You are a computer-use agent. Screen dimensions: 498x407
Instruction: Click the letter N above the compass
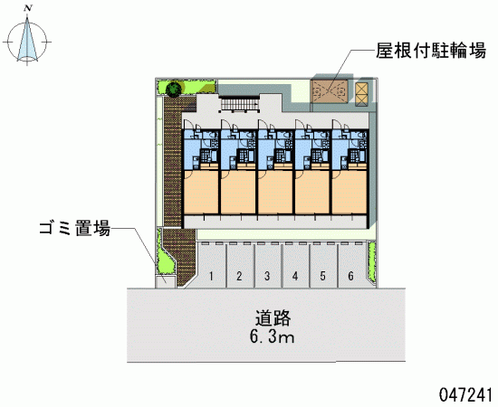[x=28, y=8]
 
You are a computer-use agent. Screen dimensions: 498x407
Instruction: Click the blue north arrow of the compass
[x=28, y=39]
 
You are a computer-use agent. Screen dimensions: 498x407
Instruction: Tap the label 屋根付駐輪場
[x=431, y=51]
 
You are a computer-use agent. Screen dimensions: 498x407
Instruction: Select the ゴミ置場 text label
[x=75, y=228]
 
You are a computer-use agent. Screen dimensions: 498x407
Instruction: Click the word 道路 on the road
[x=273, y=318]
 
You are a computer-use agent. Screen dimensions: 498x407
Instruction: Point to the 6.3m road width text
[x=272, y=337]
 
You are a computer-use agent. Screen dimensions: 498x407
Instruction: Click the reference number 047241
[x=465, y=395]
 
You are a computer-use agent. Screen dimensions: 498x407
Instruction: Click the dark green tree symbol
[x=174, y=89]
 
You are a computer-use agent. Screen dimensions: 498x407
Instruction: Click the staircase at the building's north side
[x=240, y=104]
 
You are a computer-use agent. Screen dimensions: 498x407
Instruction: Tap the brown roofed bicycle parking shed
[x=329, y=91]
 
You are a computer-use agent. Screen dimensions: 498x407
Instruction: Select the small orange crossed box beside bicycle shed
[x=361, y=94]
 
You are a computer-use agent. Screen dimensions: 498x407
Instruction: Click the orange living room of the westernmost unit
[x=201, y=193]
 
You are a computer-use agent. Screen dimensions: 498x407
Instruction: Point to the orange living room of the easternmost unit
[x=350, y=193]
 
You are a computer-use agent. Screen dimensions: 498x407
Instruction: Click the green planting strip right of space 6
[x=371, y=261]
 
